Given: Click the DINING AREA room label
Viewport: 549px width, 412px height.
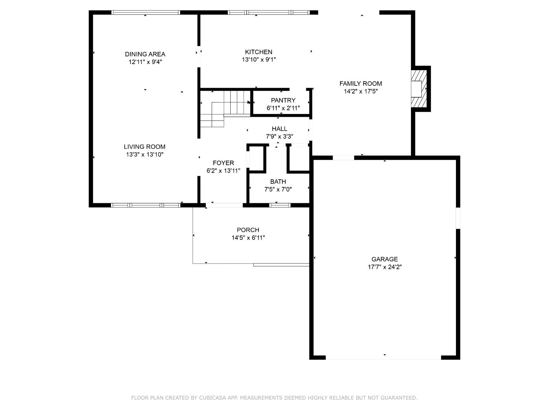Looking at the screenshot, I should (x=145, y=54).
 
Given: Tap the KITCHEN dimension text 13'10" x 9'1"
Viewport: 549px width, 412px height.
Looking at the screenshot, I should (x=258, y=60).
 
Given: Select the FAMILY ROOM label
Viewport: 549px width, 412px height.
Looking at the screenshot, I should (x=360, y=84).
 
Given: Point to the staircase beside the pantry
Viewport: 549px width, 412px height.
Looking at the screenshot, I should (x=225, y=107).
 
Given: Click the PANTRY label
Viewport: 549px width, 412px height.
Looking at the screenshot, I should (x=283, y=100).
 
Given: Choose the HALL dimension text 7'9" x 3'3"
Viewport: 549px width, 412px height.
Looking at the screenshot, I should (x=279, y=137).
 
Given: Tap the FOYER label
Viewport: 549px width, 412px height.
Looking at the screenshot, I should (x=223, y=163).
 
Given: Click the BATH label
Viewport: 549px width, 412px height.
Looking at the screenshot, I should (x=278, y=182).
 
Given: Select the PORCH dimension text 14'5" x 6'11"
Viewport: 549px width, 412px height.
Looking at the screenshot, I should (x=248, y=238).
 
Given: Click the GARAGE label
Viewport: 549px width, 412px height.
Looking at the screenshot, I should (x=384, y=259).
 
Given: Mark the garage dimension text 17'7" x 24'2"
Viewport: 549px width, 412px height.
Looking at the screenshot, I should (x=384, y=267).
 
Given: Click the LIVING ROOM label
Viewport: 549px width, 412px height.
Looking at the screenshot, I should (x=144, y=146).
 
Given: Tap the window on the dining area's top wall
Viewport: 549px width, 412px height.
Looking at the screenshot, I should (x=145, y=13).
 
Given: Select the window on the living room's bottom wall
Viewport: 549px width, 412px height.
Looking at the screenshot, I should (x=145, y=205).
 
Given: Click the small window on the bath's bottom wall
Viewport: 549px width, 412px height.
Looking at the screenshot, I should (x=280, y=205).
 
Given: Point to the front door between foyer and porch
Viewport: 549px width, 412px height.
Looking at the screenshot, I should (x=224, y=205).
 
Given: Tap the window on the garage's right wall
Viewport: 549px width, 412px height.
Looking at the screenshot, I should (x=458, y=218).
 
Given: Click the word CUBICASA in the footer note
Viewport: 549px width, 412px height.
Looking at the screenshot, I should (x=213, y=398).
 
